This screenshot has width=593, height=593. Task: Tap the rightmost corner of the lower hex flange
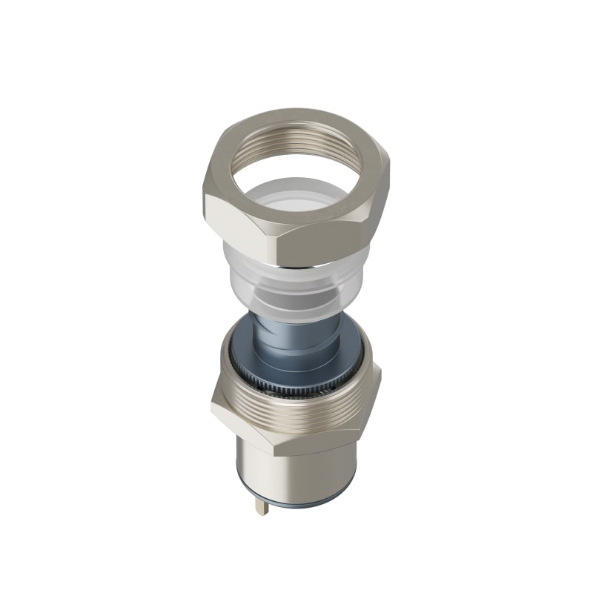click(380, 371)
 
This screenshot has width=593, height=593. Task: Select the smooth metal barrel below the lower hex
click(296, 474)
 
